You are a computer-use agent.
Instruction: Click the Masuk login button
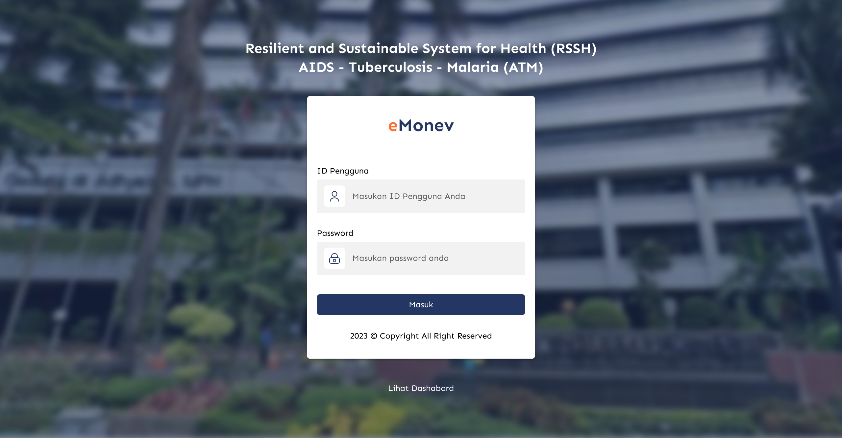(x=421, y=305)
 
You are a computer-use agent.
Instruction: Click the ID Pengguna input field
(x=421, y=196)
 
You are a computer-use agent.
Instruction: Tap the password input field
(x=421, y=258)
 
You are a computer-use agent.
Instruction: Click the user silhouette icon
(x=334, y=196)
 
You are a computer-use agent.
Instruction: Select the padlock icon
(x=334, y=259)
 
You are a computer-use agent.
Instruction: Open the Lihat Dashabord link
(x=421, y=388)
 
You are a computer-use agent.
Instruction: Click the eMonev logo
(x=421, y=125)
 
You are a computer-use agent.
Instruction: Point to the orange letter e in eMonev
(x=393, y=126)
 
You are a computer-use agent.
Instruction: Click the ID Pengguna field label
(x=343, y=171)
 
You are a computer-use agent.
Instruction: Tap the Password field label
(x=335, y=233)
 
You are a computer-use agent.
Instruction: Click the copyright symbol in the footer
(x=374, y=336)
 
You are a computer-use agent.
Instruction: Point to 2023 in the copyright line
(x=359, y=336)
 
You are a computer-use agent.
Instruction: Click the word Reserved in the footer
(x=475, y=336)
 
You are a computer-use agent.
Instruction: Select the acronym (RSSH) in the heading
(x=574, y=49)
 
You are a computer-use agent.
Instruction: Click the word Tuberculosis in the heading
(x=390, y=67)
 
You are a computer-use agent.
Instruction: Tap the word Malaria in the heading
(x=473, y=67)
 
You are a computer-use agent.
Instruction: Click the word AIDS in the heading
(x=316, y=67)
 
